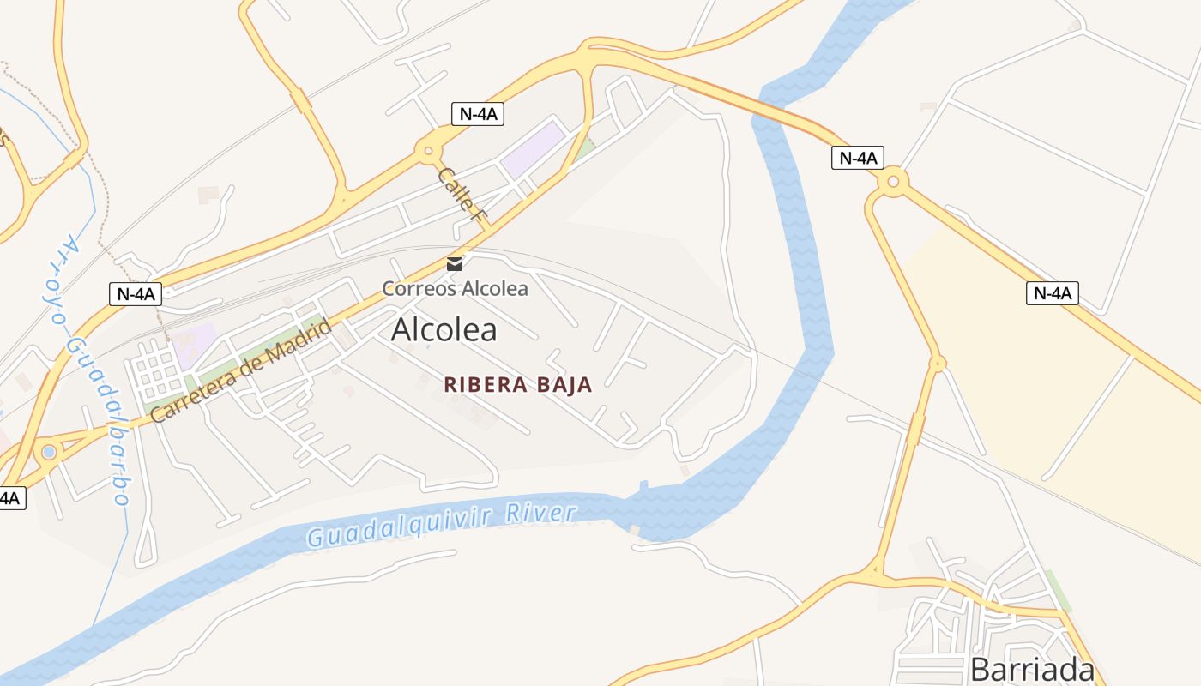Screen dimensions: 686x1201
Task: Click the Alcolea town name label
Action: pos(444,330)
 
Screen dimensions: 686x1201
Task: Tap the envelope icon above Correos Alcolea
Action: pos(455,264)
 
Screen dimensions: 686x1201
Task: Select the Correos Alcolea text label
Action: pos(455,288)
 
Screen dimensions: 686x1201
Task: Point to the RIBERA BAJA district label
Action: pos(518,385)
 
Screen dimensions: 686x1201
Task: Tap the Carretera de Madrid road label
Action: pos(241,371)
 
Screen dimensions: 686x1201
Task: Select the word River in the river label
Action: pos(540,514)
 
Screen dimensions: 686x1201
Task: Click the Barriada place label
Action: pos(1032,670)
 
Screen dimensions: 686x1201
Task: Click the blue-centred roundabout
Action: pos(49,451)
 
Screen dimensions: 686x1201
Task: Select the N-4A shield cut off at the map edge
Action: pos(10,497)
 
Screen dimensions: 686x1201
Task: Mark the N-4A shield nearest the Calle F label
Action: pos(477,114)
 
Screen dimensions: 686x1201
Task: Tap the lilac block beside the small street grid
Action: pos(192,341)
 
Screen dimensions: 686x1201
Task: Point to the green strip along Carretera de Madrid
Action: pos(257,352)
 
